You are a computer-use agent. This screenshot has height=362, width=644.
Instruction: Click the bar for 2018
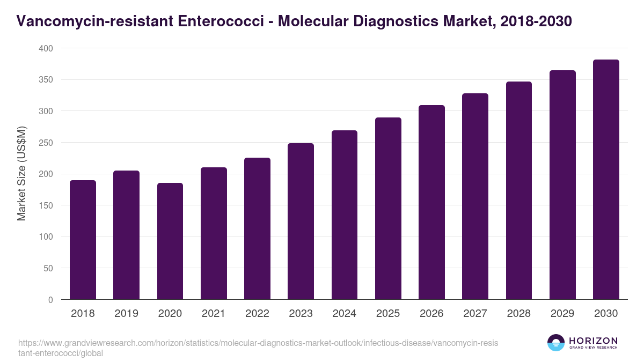[83, 240]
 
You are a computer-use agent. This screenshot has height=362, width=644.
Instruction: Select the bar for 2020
[170, 241]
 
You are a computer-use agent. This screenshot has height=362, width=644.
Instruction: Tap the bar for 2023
[301, 221]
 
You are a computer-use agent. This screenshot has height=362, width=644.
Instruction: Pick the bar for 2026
[431, 202]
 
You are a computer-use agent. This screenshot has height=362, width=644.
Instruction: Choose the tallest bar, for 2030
[606, 180]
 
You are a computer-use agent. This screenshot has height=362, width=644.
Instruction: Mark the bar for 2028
[519, 190]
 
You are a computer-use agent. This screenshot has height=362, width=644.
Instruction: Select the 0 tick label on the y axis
[50, 300]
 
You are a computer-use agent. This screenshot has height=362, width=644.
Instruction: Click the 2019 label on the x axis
[126, 314]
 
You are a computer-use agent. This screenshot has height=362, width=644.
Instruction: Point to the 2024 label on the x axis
[344, 314]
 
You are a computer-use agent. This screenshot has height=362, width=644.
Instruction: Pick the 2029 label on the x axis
[562, 314]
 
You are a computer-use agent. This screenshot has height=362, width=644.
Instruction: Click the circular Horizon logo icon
[556, 343]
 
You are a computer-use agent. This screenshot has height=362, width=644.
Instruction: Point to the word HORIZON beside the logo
[593, 341]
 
